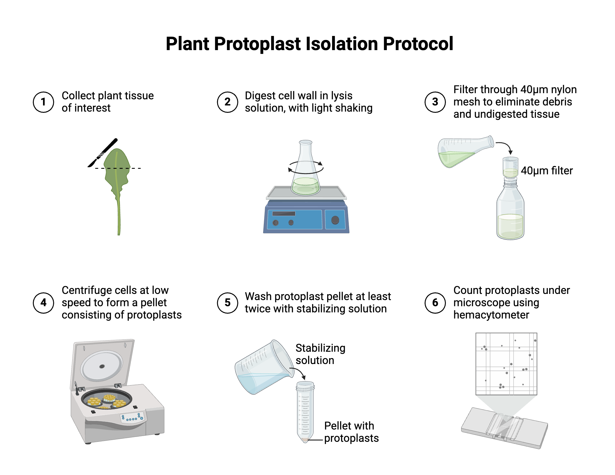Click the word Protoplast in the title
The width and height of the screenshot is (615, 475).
tap(257, 44)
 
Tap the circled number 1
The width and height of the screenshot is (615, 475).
tap(43, 102)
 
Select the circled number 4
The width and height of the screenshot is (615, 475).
tap(43, 303)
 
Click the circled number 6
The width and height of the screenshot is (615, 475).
tap(435, 303)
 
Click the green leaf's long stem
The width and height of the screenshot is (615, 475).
tap(118, 215)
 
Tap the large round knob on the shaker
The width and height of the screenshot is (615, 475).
tap(335, 220)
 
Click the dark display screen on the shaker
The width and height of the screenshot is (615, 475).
tap(284, 214)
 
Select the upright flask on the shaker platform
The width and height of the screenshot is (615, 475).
tap(305, 172)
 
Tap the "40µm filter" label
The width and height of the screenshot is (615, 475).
tap(546, 171)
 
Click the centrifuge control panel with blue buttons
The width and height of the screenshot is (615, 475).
tap(132, 418)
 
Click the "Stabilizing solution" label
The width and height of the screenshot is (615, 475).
tap(320, 354)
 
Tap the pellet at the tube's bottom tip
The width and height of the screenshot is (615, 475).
tap(305, 440)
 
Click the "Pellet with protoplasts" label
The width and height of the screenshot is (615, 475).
tap(351, 432)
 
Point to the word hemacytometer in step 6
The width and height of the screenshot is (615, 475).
tap(491, 315)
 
